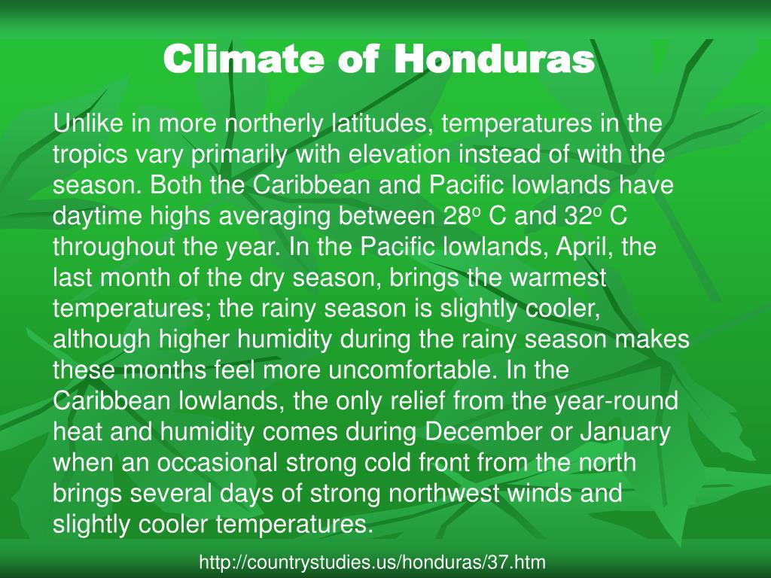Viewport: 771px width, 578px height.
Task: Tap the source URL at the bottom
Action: click(x=372, y=561)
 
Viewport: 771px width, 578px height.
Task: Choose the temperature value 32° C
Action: click(x=596, y=218)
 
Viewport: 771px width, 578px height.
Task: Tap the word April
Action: click(x=559, y=248)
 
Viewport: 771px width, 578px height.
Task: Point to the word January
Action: click(x=620, y=433)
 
